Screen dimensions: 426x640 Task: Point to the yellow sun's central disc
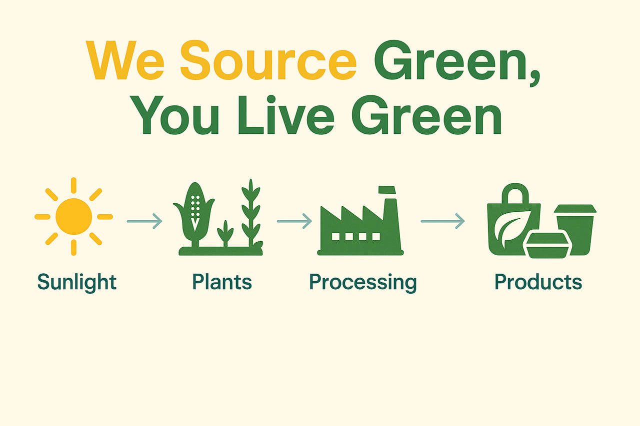click(x=73, y=216)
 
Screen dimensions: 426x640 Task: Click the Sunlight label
click(x=76, y=282)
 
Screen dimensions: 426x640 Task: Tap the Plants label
click(x=221, y=282)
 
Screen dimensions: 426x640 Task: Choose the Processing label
click(x=362, y=282)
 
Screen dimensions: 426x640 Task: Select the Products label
click(x=538, y=282)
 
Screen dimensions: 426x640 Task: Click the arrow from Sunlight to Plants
click(x=144, y=221)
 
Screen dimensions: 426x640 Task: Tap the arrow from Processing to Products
click(x=442, y=221)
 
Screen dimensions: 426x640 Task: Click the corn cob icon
click(x=195, y=212)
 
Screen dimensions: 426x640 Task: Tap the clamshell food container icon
click(x=547, y=246)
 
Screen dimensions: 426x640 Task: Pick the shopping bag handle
click(x=514, y=192)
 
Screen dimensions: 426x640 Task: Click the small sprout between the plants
click(x=225, y=234)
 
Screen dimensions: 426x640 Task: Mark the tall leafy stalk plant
click(x=250, y=215)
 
